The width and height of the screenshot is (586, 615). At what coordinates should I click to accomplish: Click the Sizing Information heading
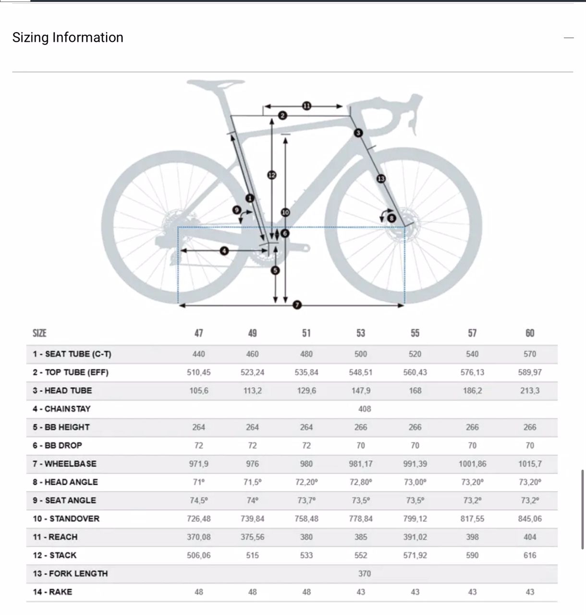[68, 37]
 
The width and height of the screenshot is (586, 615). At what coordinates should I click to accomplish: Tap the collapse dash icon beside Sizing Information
[569, 37]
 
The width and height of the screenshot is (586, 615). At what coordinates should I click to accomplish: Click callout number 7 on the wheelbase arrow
[297, 305]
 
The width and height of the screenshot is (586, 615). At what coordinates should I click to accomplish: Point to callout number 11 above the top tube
[306, 106]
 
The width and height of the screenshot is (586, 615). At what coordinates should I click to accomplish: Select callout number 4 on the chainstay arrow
[224, 250]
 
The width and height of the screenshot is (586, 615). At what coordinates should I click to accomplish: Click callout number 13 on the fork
[381, 179]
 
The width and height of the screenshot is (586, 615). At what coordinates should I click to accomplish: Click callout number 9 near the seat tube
[236, 209]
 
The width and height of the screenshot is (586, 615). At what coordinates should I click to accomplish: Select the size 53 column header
[361, 333]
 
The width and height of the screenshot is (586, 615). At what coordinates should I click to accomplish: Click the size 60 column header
[529, 333]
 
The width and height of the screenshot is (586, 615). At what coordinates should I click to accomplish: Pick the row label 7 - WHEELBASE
[64, 464]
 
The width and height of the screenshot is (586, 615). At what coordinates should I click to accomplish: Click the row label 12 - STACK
[54, 555]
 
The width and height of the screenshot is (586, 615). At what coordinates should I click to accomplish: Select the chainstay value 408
[365, 409]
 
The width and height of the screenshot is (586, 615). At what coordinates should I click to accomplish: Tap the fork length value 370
[365, 573]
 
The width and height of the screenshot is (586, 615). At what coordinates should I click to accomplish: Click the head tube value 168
[415, 391]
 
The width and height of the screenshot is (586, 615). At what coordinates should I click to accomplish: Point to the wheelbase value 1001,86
[472, 464]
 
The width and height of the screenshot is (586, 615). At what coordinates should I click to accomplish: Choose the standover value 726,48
[198, 518]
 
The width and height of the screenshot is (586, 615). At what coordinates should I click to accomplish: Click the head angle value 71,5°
[252, 482]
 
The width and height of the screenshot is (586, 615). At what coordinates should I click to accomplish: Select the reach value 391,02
[415, 537]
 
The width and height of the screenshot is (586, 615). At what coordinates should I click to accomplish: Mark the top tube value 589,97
[529, 372]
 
